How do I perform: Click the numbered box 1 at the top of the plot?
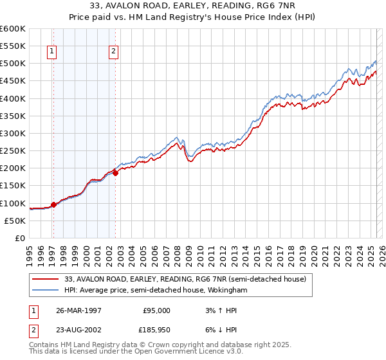(51, 53)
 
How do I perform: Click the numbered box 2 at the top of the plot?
(113, 53)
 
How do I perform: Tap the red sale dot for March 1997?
(53, 204)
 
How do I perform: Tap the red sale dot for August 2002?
(115, 172)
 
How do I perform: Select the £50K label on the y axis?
(15, 221)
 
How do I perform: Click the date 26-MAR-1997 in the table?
(79, 310)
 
